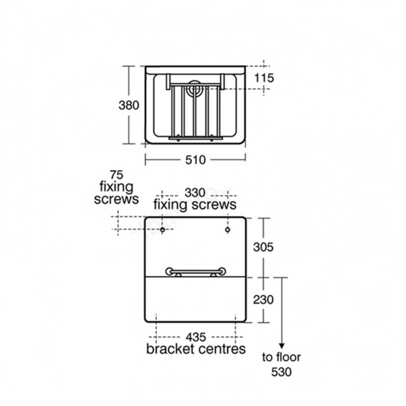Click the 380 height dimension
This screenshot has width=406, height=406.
click(x=129, y=106)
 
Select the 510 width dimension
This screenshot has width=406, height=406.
click(x=196, y=160)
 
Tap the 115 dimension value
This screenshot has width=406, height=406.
click(x=264, y=78)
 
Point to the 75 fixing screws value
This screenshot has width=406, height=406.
click(x=117, y=175)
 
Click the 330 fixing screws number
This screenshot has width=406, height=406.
click(x=195, y=193)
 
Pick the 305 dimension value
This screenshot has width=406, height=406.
click(x=264, y=247)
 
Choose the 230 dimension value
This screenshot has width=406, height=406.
click(x=264, y=300)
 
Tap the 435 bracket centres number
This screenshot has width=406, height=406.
click(x=196, y=337)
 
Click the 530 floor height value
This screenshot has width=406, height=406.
click(x=282, y=372)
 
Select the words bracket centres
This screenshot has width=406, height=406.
click(x=196, y=349)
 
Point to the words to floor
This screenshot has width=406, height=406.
click(x=282, y=357)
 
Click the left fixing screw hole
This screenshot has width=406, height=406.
click(x=162, y=230)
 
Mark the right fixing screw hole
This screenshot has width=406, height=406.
click(x=227, y=230)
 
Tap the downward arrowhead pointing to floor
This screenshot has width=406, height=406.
click(x=282, y=347)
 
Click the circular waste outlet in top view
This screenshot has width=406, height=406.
click(x=196, y=88)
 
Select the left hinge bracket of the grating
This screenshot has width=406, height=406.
click(x=168, y=82)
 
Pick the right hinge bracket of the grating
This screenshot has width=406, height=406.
click(x=222, y=82)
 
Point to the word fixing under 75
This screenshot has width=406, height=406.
click(x=117, y=187)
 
